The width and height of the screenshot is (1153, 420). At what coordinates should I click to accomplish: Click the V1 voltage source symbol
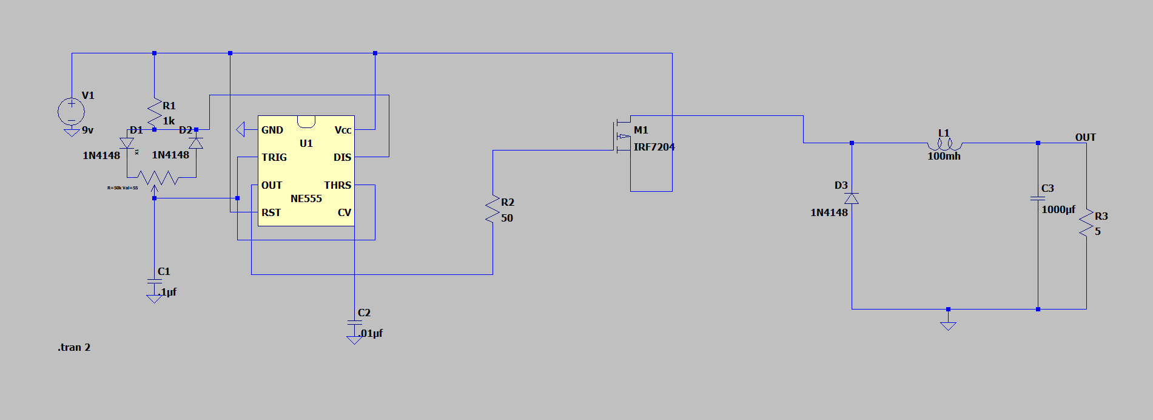(71, 112)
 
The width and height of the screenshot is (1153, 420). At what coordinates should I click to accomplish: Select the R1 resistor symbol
(154, 113)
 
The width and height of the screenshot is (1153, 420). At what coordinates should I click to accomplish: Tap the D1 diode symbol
(127, 143)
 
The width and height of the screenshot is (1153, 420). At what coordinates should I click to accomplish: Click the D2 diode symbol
(196, 143)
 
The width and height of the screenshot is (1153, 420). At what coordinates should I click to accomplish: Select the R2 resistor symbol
(492, 209)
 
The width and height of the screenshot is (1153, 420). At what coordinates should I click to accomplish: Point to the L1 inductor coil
(944, 144)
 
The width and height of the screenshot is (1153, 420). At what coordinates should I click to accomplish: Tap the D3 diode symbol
(852, 198)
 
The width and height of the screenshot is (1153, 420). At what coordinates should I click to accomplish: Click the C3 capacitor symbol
(1038, 198)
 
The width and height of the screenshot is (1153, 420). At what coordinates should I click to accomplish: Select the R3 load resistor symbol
(1086, 223)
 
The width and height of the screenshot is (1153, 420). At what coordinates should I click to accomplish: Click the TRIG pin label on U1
(274, 157)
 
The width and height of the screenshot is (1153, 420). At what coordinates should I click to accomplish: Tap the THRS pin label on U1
(337, 185)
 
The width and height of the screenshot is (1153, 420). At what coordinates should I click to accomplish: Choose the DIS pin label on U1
(342, 157)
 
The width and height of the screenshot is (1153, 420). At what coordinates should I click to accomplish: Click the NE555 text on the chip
(306, 198)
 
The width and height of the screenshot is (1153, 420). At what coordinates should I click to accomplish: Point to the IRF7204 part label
(654, 147)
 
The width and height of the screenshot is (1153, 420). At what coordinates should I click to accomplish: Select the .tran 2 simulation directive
(74, 347)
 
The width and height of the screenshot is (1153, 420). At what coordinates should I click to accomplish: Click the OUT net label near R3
(1085, 137)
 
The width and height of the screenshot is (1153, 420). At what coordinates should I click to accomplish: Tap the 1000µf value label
(1058, 209)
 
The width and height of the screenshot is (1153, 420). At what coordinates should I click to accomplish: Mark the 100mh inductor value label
(944, 156)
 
